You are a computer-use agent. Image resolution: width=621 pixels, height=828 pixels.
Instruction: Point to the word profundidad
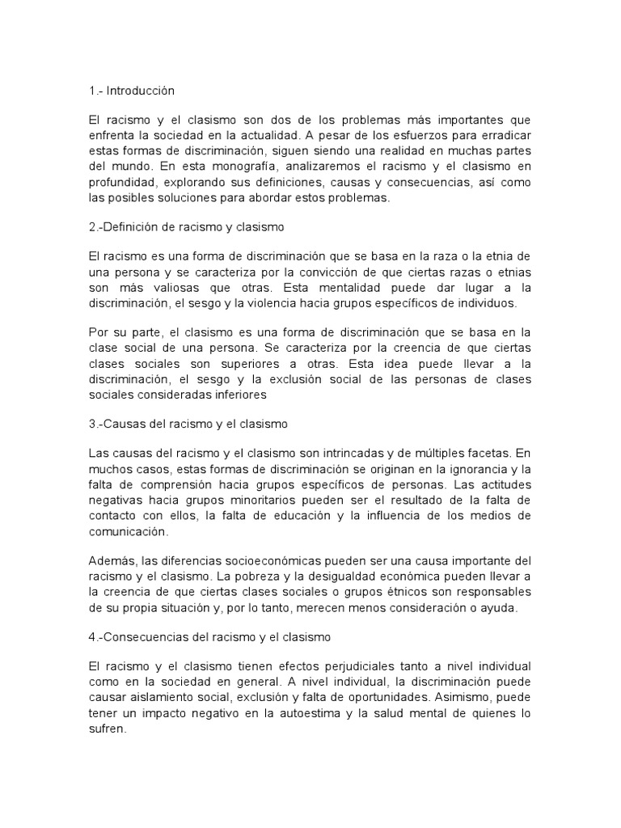tap(121, 184)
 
